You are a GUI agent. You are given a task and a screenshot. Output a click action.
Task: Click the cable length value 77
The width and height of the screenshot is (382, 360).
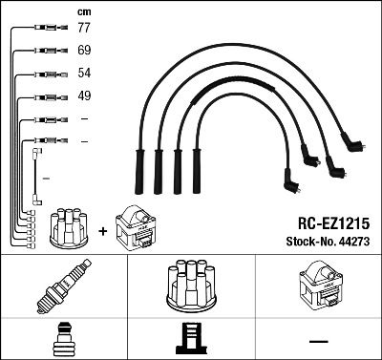[83, 30]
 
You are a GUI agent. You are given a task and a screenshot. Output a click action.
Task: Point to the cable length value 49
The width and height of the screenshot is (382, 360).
[83, 95]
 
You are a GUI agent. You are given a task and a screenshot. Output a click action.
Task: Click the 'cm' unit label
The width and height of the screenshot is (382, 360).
[83, 11]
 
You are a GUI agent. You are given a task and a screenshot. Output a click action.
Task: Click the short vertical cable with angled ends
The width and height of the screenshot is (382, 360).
[37, 175]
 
